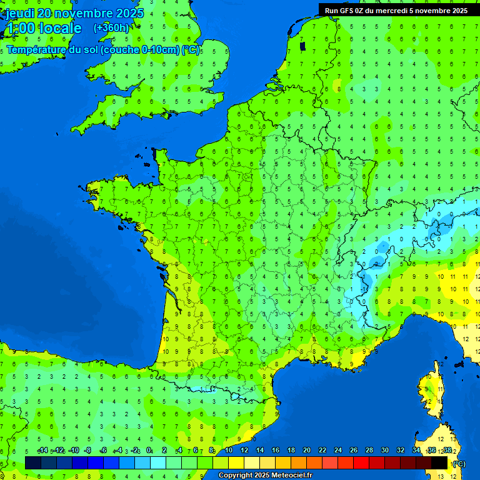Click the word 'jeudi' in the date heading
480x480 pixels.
(x=21, y=13)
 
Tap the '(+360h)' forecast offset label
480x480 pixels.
(x=111, y=27)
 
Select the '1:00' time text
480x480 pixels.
(x=20, y=28)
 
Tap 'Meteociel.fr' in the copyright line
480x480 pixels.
(x=291, y=476)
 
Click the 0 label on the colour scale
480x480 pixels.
(x=149, y=451)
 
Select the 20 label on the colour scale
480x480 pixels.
(x=307, y=451)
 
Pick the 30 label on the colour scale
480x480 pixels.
(x=385, y=451)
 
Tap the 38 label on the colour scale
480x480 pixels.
(x=447, y=451)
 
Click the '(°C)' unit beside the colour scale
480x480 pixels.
(x=459, y=464)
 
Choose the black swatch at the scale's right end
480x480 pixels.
(x=440, y=462)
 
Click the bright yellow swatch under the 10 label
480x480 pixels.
(x=236, y=462)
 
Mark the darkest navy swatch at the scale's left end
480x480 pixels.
(x=33, y=462)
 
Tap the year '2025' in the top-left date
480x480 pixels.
(x=129, y=13)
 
